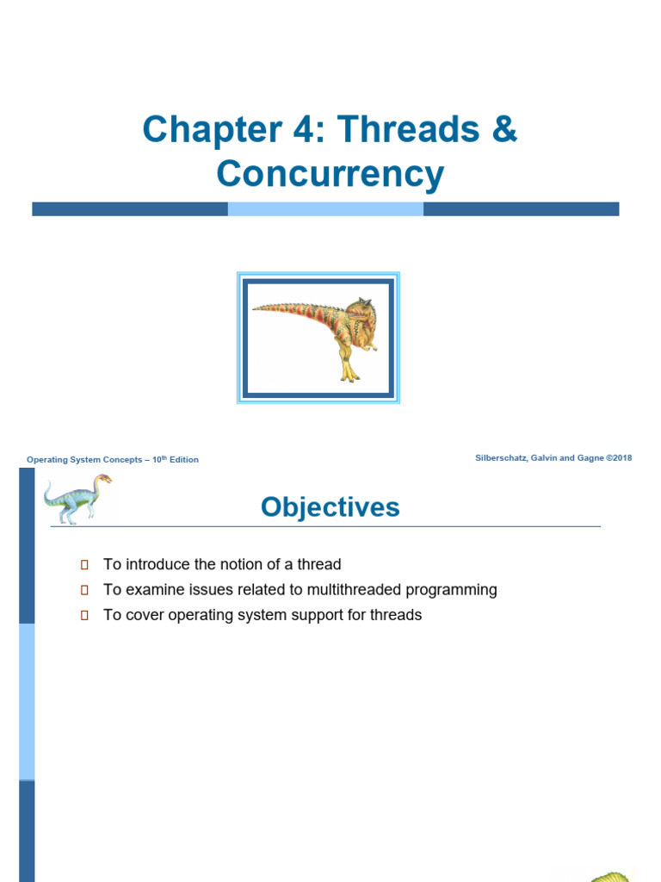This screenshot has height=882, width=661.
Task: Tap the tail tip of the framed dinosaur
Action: click(x=256, y=307)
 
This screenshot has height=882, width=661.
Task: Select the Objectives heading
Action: click(x=330, y=507)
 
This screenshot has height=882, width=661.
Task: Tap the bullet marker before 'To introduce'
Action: click(x=84, y=565)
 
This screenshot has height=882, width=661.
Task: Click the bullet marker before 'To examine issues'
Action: click(x=84, y=590)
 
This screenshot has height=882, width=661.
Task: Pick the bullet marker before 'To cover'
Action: click(x=84, y=616)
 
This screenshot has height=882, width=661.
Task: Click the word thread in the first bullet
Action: click(x=319, y=565)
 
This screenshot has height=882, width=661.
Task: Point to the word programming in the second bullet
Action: click(x=455, y=591)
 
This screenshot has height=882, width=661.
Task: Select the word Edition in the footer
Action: click(x=183, y=460)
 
